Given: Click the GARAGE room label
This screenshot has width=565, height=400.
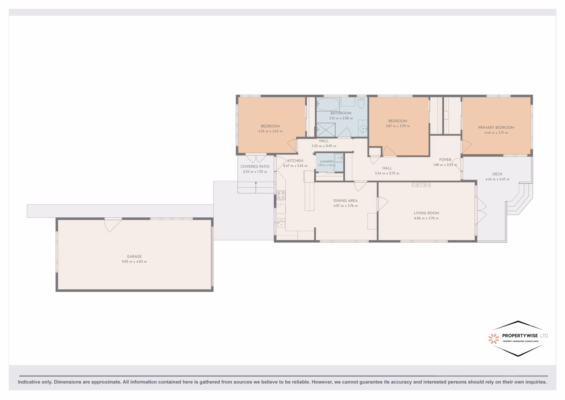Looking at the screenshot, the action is click(x=134, y=257).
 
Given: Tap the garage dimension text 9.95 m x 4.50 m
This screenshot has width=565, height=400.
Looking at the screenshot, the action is click(x=134, y=262).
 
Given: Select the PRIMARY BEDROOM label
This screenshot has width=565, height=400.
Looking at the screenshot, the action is click(x=496, y=128).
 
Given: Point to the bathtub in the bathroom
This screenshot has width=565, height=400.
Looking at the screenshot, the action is click(x=328, y=104).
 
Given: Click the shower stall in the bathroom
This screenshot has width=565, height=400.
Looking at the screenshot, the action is click(x=326, y=130).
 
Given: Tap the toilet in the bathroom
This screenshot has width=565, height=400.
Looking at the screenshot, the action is click(x=361, y=102).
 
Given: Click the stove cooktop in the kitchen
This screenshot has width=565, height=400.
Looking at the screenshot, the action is click(x=281, y=195).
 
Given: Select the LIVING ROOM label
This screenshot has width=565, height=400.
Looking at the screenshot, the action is click(x=426, y=213).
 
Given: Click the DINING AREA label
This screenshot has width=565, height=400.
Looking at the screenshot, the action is click(x=346, y=201).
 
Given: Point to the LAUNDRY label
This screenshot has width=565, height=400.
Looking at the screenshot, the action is click(x=327, y=161).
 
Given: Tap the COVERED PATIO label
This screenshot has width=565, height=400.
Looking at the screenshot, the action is click(x=255, y=166).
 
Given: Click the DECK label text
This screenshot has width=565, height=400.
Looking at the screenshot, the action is click(x=498, y=174).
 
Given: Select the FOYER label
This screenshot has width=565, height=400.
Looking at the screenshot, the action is click(x=445, y=160).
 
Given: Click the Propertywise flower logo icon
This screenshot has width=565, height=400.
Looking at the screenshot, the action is click(x=494, y=339).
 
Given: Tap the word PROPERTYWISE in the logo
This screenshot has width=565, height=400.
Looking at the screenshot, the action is click(x=520, y=336).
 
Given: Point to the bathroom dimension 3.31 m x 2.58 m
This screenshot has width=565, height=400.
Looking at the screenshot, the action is click(x=341, y=118).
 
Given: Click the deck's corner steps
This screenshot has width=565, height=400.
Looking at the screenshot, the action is click(x=519, y=199).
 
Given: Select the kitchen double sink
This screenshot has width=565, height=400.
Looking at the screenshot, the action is click(x=281, y=223).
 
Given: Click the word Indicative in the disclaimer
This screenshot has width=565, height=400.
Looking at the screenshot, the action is click(x=29, y=382).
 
